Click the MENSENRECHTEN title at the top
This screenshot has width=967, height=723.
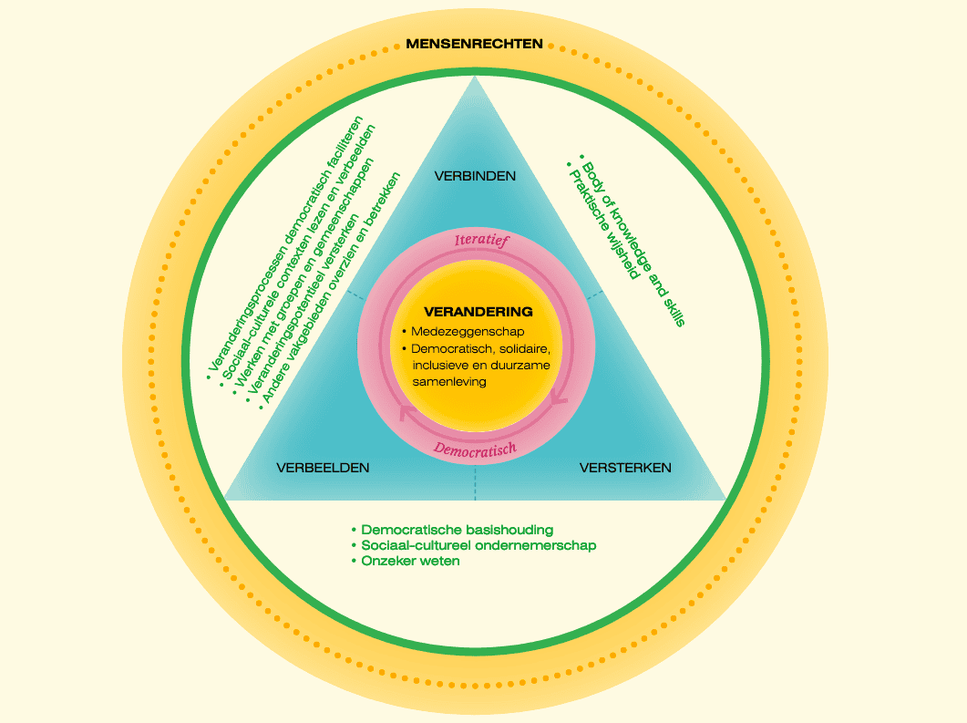474,43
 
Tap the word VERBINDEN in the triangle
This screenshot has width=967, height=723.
475,176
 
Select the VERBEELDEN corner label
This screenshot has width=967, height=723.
323,468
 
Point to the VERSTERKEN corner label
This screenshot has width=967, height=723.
625,468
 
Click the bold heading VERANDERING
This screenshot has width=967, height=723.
478,312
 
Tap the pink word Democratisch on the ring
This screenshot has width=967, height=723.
475,449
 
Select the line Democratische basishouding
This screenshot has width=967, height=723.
457,530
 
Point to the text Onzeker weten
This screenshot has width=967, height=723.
409,562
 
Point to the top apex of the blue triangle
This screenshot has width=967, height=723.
474,79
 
